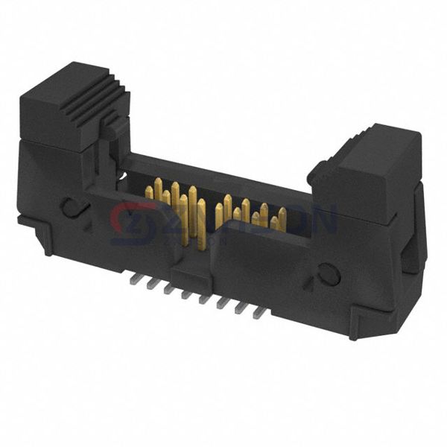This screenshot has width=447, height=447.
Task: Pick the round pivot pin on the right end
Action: [x=329, y=276]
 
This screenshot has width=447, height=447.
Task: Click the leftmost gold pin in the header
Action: [x=149, y=193]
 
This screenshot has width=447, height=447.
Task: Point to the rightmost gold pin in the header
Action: [x=282, y=217]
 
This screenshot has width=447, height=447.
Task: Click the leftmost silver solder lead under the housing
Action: [x=131, y=277]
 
